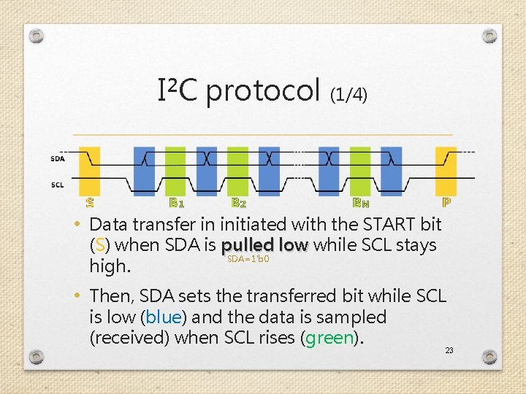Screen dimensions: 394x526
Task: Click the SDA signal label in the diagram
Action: point(58,158)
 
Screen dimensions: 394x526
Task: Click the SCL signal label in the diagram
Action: point(58,185)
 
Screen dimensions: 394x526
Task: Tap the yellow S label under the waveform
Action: point(90,202)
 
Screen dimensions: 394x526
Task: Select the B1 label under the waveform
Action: point(176,202)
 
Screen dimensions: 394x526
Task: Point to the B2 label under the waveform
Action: point(238,202)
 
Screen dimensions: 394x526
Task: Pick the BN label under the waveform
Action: point(361,202)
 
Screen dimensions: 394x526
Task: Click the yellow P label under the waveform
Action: point(446,202)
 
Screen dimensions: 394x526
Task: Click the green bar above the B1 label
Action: point(175,171)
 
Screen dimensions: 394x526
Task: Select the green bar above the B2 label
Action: point(237,171)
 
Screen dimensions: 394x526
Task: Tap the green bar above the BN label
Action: point(360,171)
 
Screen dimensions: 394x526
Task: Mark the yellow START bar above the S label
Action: point(90,171)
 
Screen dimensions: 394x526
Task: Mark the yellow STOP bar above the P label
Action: point(446,171)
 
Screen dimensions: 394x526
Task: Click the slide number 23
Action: point(449,350)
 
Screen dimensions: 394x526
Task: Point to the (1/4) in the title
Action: point(349,94)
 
